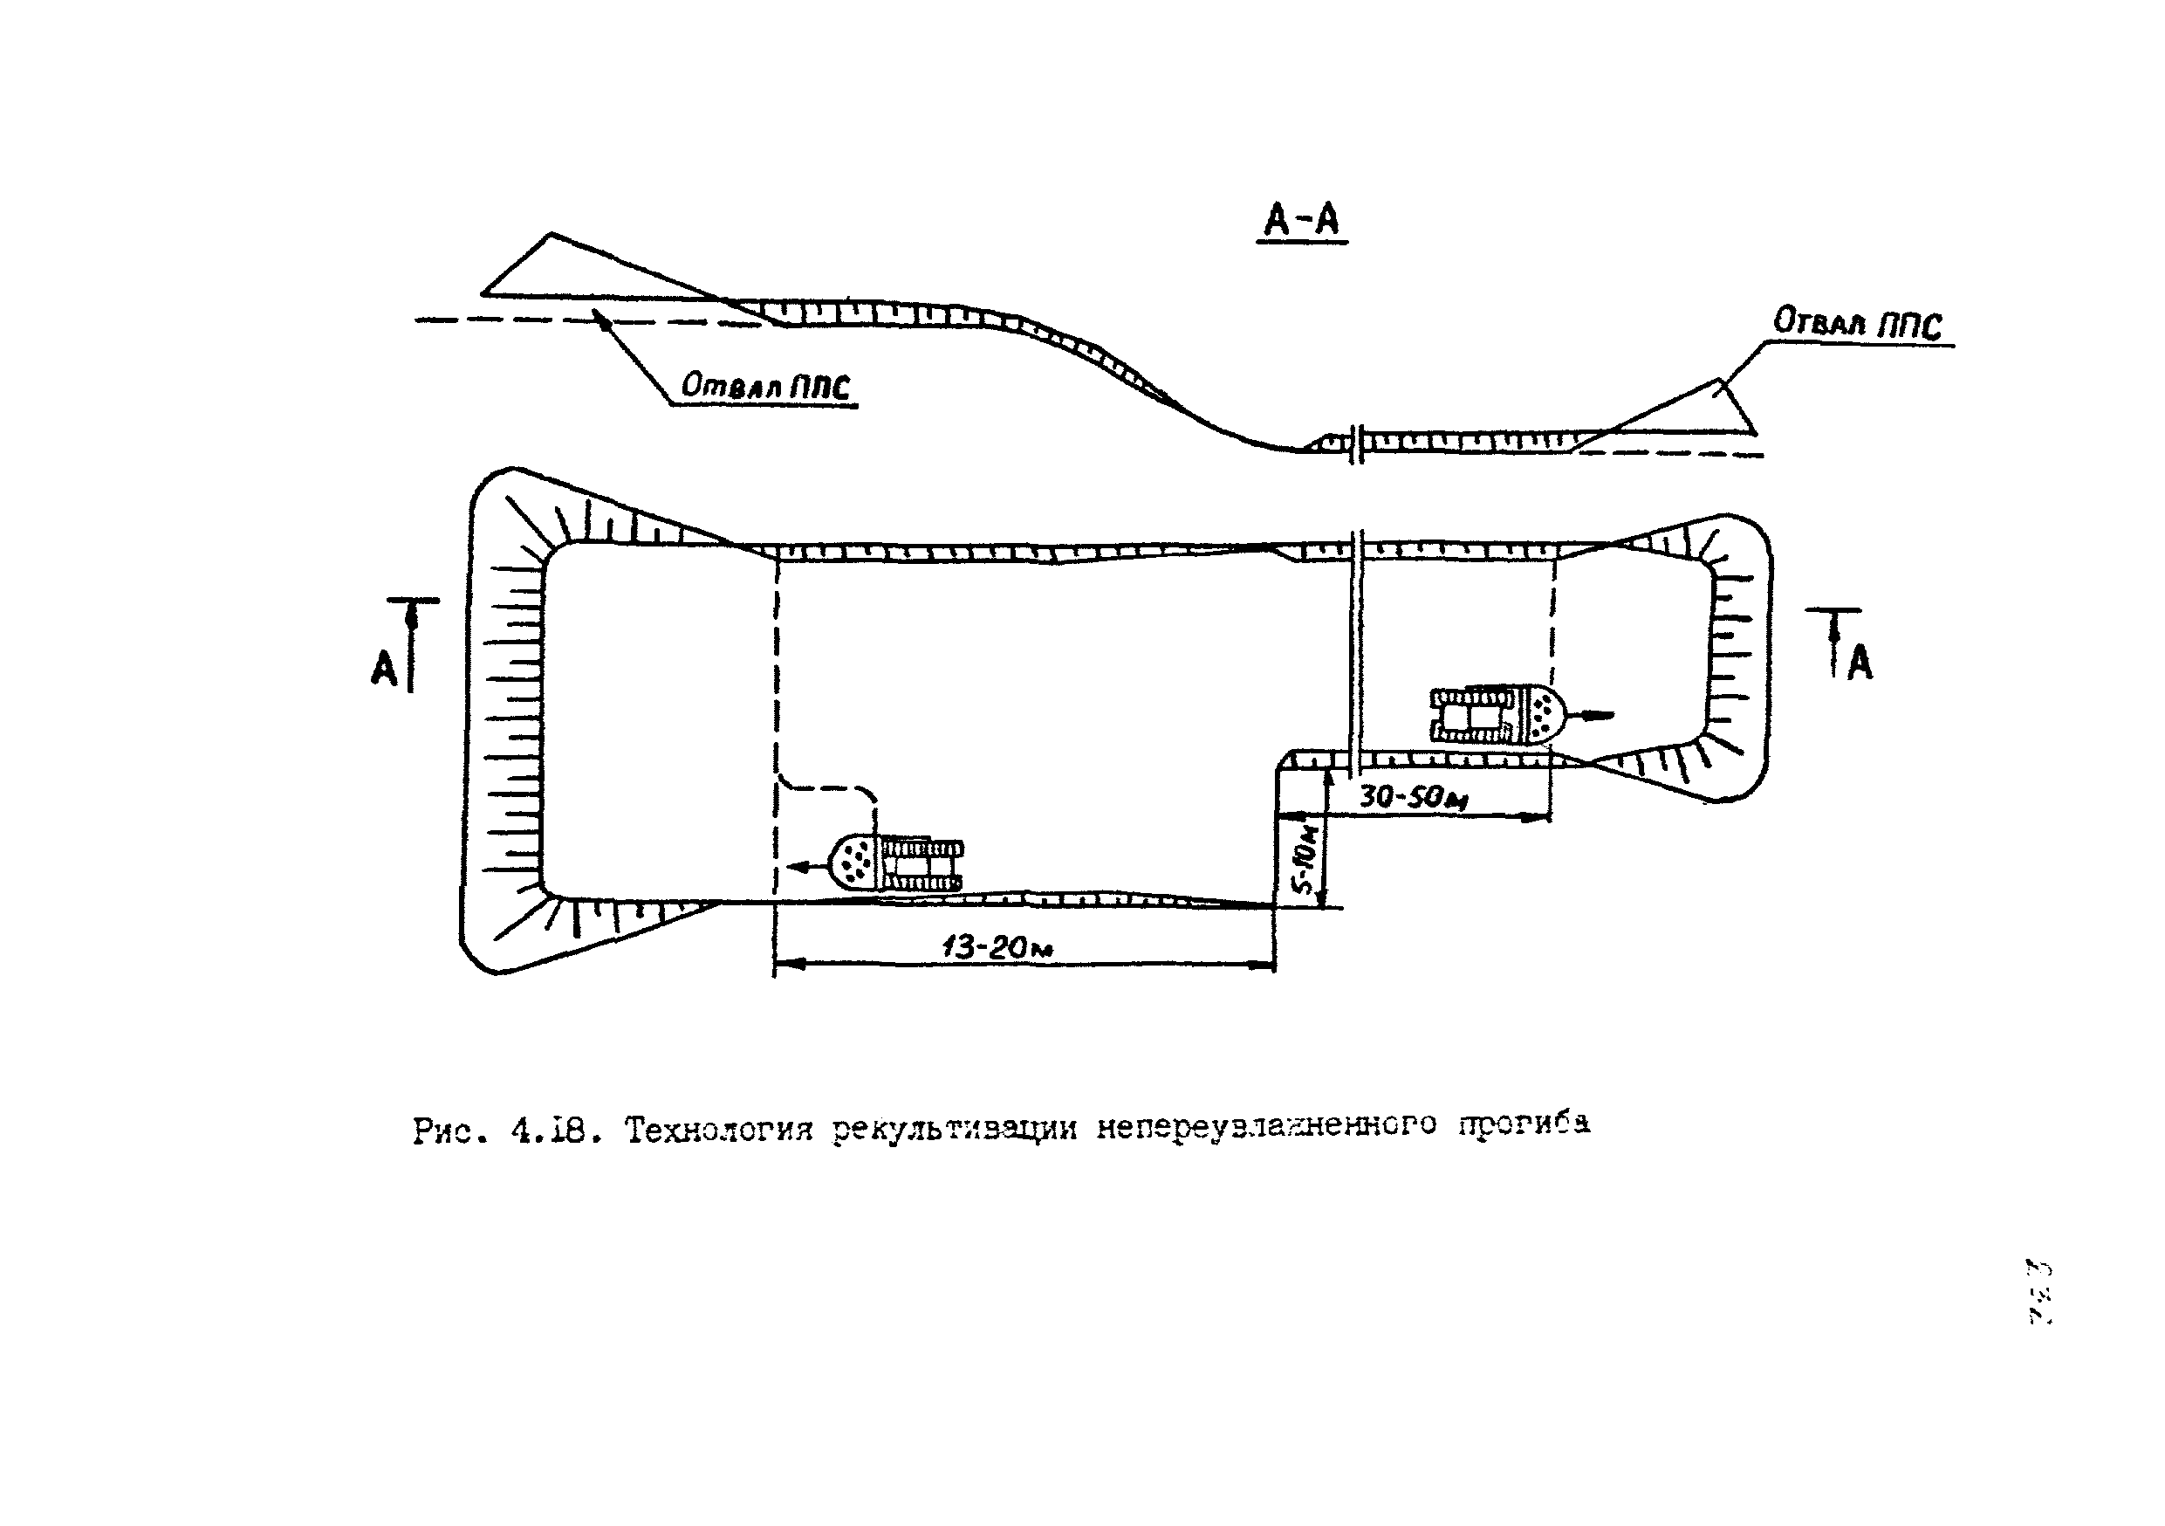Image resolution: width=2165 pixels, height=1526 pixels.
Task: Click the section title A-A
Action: (1301, 220)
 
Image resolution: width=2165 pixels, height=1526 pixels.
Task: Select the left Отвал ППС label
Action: (764, 385)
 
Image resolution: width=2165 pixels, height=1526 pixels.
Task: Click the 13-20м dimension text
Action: (997, 946)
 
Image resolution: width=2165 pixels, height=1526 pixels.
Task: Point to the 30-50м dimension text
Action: (1413, 798)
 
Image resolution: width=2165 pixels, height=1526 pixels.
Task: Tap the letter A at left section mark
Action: (384, 669)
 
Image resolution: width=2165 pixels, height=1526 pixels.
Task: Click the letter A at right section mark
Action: (1860, 663)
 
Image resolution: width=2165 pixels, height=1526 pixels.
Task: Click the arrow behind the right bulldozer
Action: (1593, 716)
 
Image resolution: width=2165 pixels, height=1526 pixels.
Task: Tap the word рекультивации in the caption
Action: (955, 1129)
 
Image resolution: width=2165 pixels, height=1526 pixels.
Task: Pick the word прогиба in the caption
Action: (1524, 1124)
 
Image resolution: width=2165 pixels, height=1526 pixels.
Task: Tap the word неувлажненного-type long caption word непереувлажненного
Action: (1266, 1126)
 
